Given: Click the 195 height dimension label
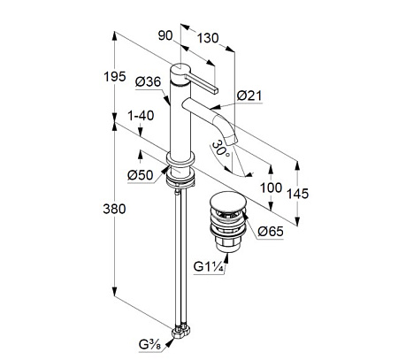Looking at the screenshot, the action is point(115,77).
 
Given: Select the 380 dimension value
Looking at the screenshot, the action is point(114,209).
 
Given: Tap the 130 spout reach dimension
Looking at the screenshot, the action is point(208,38).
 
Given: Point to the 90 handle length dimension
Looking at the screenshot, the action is point(165,35).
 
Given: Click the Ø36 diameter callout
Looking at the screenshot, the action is point(149,81).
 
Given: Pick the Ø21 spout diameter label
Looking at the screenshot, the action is point(249,96).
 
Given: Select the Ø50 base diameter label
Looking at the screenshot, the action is point(141,175).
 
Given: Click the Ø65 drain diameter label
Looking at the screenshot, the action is point(271,232).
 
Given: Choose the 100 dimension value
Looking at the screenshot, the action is point(271,188).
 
